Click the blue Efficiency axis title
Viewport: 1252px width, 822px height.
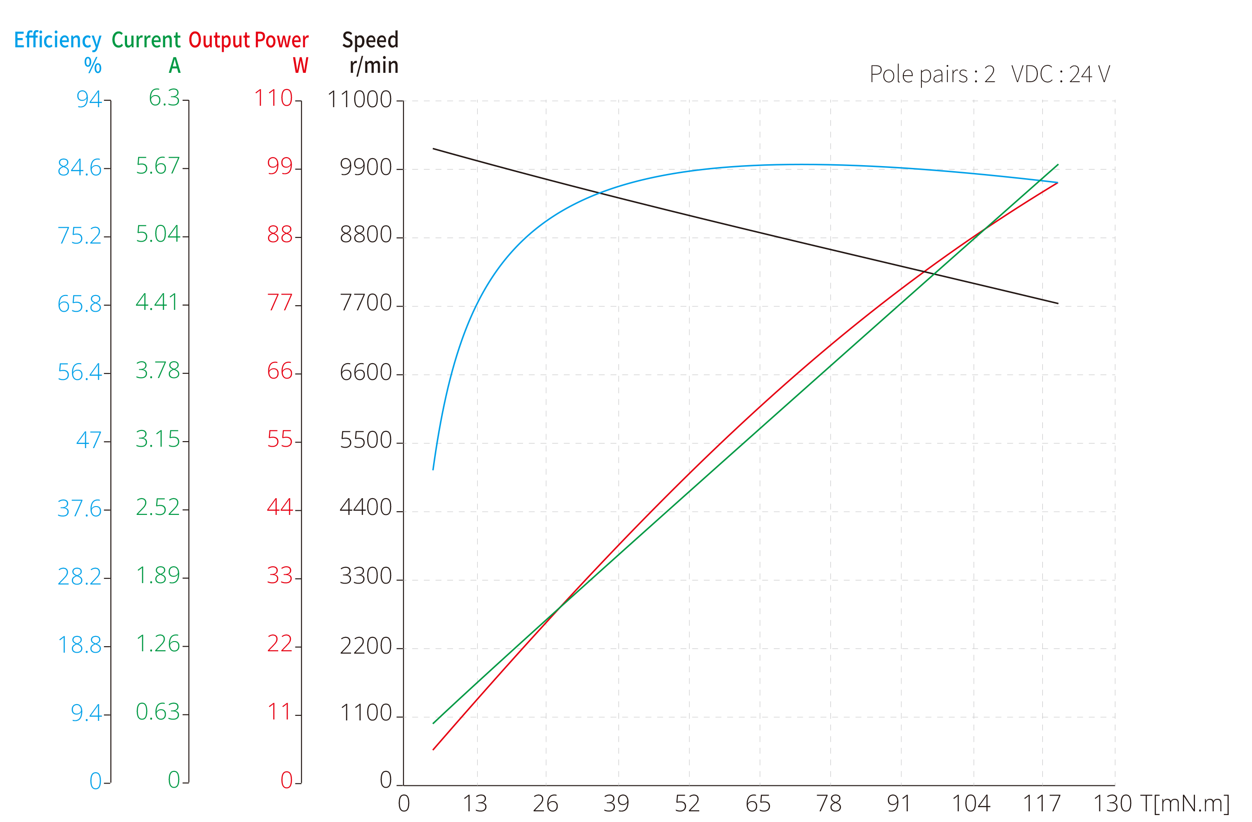tap(58, 40)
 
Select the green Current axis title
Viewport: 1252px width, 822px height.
tap(146, 40)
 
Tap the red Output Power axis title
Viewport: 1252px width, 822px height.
tap(248, 40)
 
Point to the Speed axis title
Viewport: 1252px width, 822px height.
tap(370, 40)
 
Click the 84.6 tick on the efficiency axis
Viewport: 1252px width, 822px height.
tap(79, 168)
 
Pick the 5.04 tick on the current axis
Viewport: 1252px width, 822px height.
tap(158, 235)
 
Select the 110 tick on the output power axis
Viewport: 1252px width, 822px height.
tap(273, 98)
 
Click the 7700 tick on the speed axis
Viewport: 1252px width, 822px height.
tap(365, 303)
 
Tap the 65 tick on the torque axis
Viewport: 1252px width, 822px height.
tap(758, 803)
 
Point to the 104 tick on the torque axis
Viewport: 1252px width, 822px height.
tap(971, 803)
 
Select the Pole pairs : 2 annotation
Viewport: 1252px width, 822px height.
tap(932, 75)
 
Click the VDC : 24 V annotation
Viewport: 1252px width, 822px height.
tap(1060, 75)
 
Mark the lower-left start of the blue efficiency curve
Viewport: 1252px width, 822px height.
tap(434, 469)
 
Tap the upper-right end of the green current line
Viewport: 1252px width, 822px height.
tap(1058, 165)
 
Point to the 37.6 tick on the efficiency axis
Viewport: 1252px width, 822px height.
tap(79, 509)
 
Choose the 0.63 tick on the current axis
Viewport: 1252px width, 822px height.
tap(158, 713)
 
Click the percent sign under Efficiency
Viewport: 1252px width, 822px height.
tap(93, 66)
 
